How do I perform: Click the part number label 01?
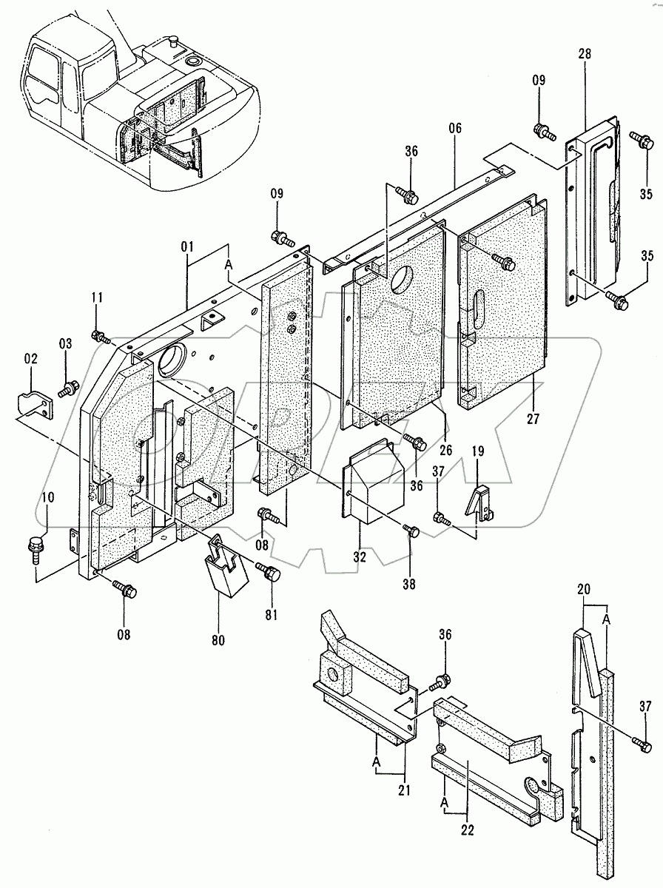(188, 245)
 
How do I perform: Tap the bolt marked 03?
(71, 386)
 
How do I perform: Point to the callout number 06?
(454, 129)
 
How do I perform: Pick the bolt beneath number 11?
(99, 337)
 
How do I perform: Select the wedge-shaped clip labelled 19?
(478, 504)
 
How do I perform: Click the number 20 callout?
(583, 591)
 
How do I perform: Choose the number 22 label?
(468, 831)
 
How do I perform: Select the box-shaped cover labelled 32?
(374, 480)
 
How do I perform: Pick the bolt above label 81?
(269, 571)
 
